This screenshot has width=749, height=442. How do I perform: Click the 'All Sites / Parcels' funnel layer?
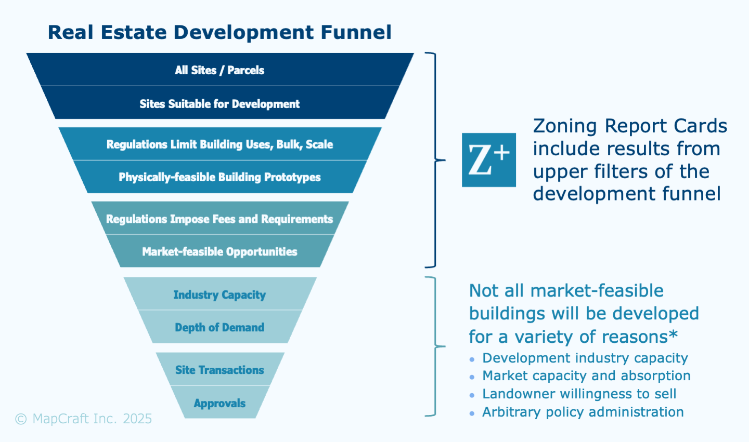tap(219, 70)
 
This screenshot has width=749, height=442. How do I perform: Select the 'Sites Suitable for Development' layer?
tap(219, 104)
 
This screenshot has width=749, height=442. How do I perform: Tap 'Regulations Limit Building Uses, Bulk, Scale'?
tap(219, 144)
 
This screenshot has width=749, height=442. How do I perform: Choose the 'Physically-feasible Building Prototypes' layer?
tap(219, 177)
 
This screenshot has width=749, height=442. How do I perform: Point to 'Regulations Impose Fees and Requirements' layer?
tap(219, 219)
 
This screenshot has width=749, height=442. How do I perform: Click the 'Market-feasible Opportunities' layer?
tap(219, 252)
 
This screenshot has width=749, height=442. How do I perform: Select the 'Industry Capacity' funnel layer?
tap(219, 295)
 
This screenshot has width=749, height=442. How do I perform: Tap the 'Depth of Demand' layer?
tap(219, 328)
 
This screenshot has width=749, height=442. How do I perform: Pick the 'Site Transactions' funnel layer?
tap(219, 370)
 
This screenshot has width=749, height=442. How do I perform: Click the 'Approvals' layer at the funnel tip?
tap(219, 403)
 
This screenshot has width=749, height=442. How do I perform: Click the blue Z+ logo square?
tap(489, 160)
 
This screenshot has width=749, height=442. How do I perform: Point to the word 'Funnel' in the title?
tap(356, 32)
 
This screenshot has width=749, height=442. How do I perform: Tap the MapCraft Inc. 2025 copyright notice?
tap(84, 419)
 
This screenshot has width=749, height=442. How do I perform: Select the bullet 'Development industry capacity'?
tap(585, 358)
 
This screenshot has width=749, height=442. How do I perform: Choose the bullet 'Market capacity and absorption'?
tap(586, 376)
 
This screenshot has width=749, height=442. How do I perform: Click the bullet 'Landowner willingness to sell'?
tap(579, 394)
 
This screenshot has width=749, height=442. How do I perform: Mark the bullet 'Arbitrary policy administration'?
tap(583, 412)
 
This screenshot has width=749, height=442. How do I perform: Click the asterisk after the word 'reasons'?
tap(674, 334)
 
